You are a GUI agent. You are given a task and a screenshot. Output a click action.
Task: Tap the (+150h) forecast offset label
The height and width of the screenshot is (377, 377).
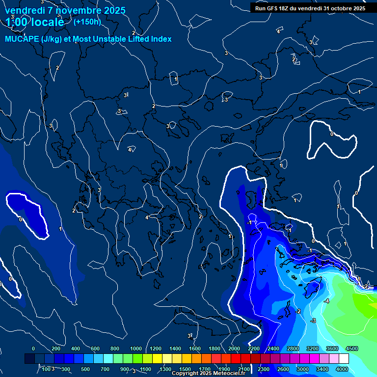click(87, 22)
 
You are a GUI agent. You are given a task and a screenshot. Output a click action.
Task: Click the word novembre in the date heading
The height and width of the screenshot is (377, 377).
click(78, 10)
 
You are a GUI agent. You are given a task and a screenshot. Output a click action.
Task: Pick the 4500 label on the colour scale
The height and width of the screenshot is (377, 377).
click(351, 349)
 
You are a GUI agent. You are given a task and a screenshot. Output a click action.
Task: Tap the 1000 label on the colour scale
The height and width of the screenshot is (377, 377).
click(136, 349)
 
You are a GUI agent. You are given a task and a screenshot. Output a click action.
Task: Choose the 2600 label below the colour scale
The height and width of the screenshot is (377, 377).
click(283, 369)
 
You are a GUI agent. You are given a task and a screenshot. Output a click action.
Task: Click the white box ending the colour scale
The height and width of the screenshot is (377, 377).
click(344, 359)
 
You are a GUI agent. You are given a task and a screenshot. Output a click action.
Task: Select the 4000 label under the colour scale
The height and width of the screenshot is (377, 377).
click(342, 369)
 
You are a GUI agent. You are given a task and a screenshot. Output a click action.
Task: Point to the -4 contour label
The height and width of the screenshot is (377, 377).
click(326, 300)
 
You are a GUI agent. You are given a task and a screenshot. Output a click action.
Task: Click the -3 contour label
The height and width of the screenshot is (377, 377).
click(313, 321)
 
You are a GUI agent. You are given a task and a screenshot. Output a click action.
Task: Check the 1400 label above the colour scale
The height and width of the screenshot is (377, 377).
click(175, 349)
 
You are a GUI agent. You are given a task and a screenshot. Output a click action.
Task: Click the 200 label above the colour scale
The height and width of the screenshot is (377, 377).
click(56, 349)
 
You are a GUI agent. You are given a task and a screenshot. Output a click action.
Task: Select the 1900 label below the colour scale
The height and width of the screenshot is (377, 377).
click(224, 369)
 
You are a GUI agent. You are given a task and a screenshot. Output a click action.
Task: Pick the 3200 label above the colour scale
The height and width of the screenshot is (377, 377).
click(312, 349)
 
